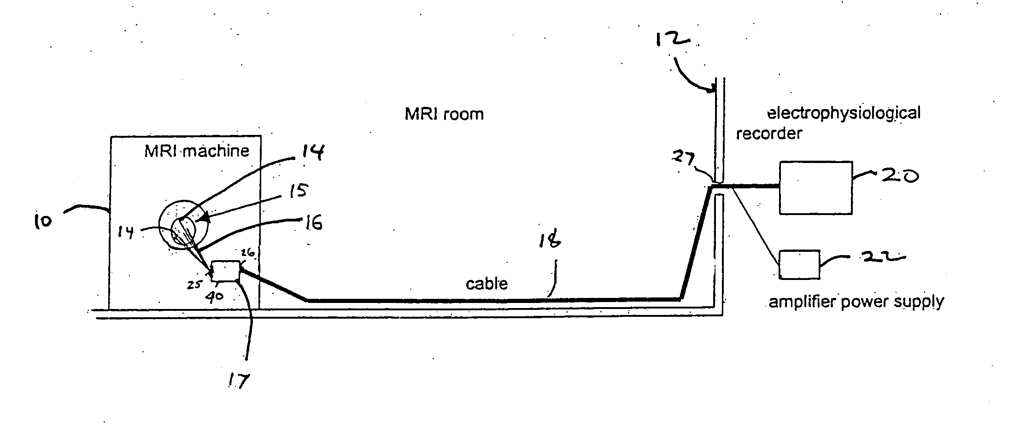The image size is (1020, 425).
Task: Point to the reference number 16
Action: click(x=311, y=224)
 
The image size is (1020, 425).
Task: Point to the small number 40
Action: click(x=214, y=296)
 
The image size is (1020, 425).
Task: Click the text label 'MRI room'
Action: click(x=444, y=114)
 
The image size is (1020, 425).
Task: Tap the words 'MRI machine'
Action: click(x=197, y=151)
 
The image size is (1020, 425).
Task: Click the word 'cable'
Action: click(x=487, y=283)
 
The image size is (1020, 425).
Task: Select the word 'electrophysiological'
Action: click(x=844, y=113)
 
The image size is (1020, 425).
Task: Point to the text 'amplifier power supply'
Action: click(x=856, y=302)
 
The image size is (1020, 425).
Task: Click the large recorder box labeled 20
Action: click(x=815, y=187)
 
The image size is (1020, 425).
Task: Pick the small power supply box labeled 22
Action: click(x=799, y=265)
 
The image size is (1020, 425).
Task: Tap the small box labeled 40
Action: click(x=225, y=271)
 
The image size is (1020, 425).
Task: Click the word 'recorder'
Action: click(x=768, y=134)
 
